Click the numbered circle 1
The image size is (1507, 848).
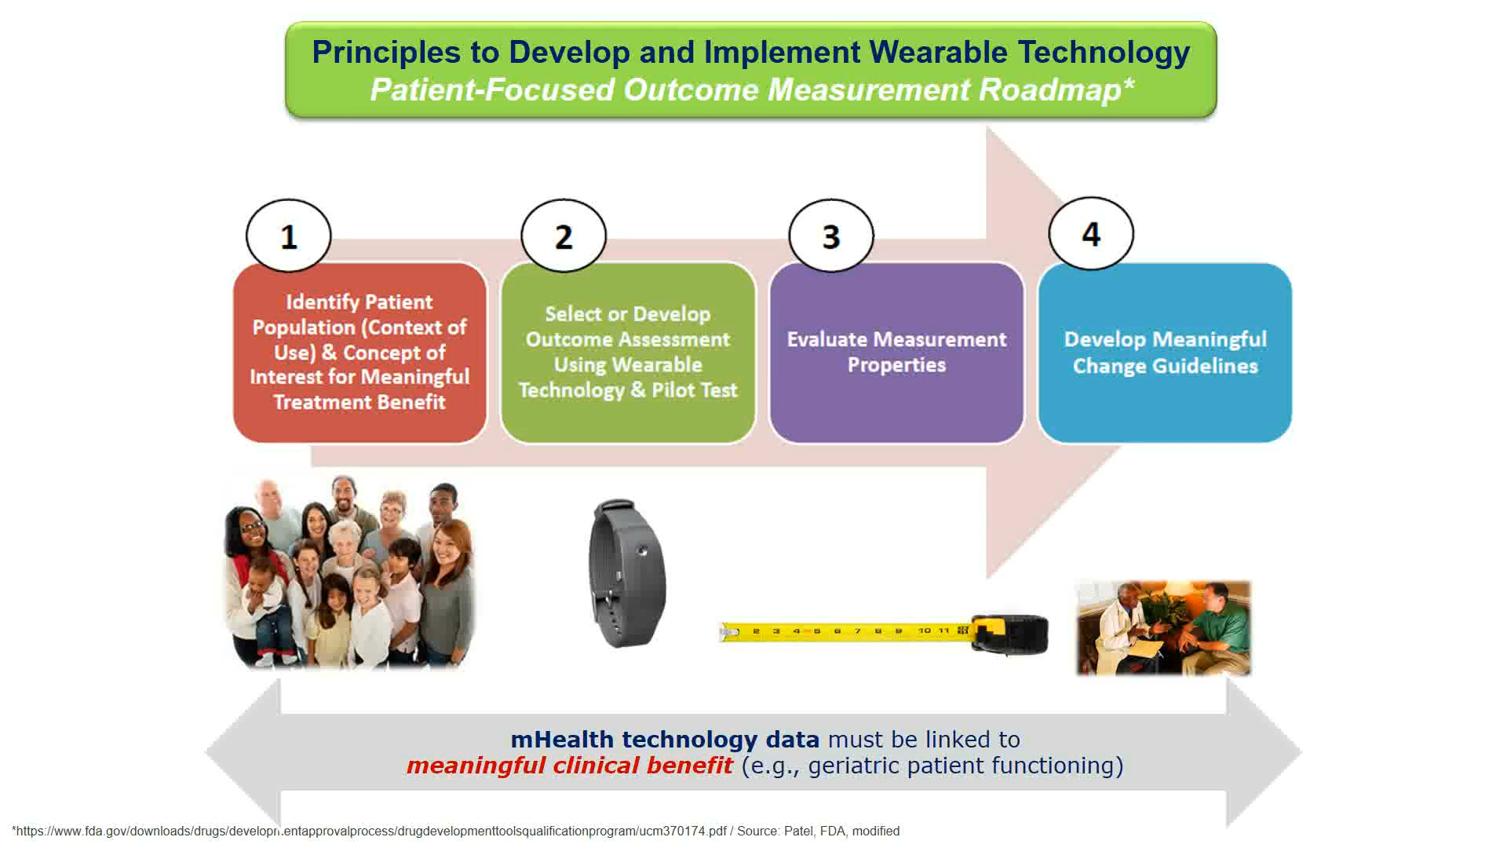point(288,236)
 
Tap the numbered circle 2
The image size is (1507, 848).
point(564,236)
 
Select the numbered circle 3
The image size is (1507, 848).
point(831,236)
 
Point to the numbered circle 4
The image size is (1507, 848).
point(1091,233)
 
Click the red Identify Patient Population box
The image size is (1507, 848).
point(360,353)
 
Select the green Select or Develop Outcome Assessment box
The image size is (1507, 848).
point(628,353)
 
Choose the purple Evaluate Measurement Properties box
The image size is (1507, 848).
point(896,353)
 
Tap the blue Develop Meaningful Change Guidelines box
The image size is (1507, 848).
point(1165,353)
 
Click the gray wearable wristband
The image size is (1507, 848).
point(627,573)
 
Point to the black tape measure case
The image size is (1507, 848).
point(1011,634)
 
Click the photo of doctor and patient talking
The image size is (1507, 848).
point(1163,628)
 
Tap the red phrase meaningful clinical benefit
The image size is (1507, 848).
point(569,766)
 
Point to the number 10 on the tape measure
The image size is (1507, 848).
point(925,631)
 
